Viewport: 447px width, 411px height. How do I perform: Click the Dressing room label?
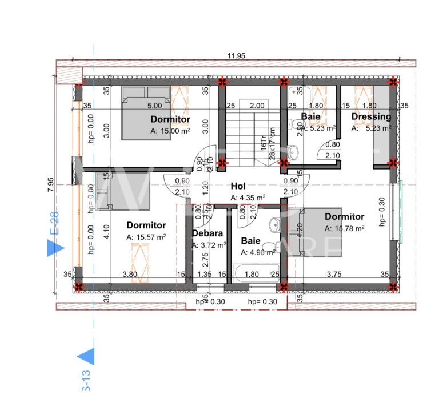coord(372,116)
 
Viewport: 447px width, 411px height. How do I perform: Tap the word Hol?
coord(238,186)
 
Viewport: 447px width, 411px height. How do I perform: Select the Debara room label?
coord(207,233)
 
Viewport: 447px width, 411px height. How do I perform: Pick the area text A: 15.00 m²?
coord(170,131)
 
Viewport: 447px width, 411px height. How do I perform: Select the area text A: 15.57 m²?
coord(146,237)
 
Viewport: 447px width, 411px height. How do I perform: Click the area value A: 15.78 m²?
coord(344,228)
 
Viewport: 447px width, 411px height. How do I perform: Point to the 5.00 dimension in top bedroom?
coord(154,106)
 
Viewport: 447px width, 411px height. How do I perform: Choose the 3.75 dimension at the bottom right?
coord(335,274)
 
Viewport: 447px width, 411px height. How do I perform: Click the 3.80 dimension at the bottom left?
coord(130,274)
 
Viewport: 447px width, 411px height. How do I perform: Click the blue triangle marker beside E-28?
coord(55,247)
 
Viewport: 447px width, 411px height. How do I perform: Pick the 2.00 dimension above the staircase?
coord(257,106)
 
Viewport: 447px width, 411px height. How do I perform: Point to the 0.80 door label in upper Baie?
coord(332,144)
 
